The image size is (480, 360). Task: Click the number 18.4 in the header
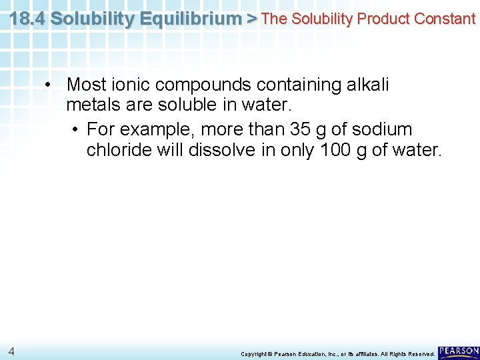click(27, 19)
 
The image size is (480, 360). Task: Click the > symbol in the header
click(251, 19)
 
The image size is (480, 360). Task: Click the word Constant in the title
click(445, 19)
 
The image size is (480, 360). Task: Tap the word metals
click(91, 105)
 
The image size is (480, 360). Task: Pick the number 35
click(301, 129)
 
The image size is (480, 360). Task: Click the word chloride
click(119, 149)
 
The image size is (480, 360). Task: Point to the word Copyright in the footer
click(253, 354)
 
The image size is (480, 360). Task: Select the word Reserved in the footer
click(419, 354)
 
